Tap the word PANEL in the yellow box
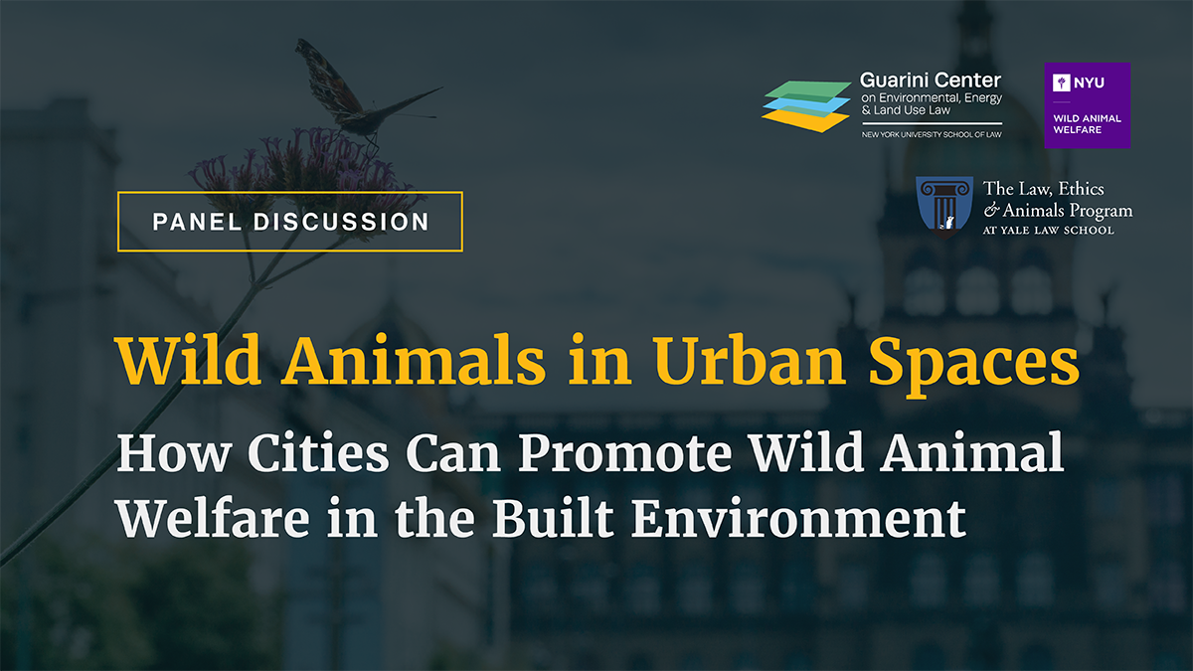[199, 222]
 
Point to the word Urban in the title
[741, 364]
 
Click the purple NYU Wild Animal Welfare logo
[1087, 105]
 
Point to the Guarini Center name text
[930, 80]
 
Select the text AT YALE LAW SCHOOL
[1049, 231]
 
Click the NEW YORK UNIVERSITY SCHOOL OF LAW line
[931, 134]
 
